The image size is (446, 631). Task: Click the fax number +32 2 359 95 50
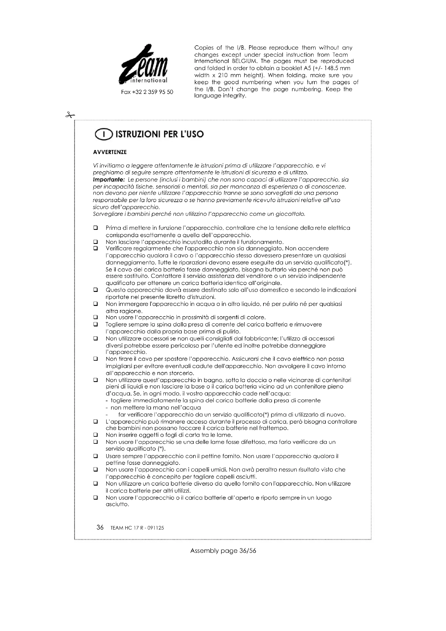coord(147,92)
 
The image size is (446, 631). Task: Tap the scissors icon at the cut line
coord(70,115)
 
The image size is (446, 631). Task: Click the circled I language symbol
coord(103,135)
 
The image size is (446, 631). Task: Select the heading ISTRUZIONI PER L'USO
coord(160,134)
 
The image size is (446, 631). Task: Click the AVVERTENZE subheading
coord(110,152)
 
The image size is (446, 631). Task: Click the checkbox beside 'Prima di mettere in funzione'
coord(96,228)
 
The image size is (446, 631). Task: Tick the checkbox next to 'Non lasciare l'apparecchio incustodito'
coord(96,242)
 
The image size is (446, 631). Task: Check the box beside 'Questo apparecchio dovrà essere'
coord(96,290)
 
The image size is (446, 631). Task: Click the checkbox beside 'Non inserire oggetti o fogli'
coord(96,435)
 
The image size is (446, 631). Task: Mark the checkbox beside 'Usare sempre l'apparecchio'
coord(96,456)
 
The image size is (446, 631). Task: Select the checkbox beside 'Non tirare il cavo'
coord(96,359)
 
